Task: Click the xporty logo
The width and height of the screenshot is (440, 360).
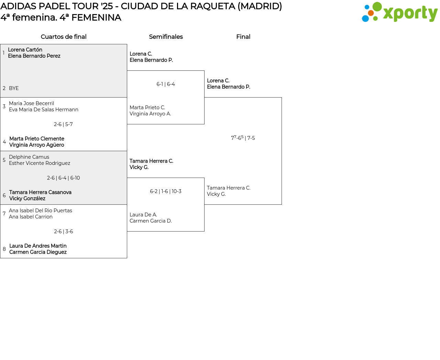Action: pyautogui.click(x=399, y=12)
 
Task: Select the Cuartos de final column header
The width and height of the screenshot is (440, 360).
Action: pyautogui.click(x=64, y=37)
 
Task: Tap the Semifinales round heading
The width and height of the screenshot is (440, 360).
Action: pyautogui.click(x=166, y=37)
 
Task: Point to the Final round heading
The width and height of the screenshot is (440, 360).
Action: pyautogui.click(x=243, y=37)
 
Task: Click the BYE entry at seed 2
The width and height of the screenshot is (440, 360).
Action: pyautogui.click(x=14, y=88)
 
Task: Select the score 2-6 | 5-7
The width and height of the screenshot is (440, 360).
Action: pyautogui.click(x=63, y=124)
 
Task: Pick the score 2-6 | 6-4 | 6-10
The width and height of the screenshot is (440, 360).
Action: pyautogui.click(x=63, y=178)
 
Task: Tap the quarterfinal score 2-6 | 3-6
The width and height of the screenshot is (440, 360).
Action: pyautogui.click(x=63, y=232)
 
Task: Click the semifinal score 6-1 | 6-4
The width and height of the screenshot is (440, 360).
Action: pyautogui.click(x=166, y=84)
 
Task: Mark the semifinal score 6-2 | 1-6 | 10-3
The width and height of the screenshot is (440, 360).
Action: pyautogui.click(x=166, y=191)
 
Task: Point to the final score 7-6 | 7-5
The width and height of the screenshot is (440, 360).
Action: pyautogui.click(x=243, y=138)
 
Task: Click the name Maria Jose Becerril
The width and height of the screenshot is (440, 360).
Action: pyautogui.click(x=31, y=103)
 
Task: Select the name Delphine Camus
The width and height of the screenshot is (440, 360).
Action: pyautogui.click(x=29, y=157)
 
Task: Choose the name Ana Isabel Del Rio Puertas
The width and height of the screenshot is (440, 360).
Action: pyautogui.click(x=41, y=211)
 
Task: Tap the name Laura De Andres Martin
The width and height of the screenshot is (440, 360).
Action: pyautogui.click(x=38, y=246)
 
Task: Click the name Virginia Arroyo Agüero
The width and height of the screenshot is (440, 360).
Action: pyautogui.click(x=36, y=145)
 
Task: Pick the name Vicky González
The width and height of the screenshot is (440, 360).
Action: pyautogui.click(x=27, y=199)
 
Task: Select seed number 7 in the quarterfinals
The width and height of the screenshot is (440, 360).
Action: pyautogui.click(x=4, y=214)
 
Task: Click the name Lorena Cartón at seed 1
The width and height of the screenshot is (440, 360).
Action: pyautogui.click(x=25, y=50)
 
